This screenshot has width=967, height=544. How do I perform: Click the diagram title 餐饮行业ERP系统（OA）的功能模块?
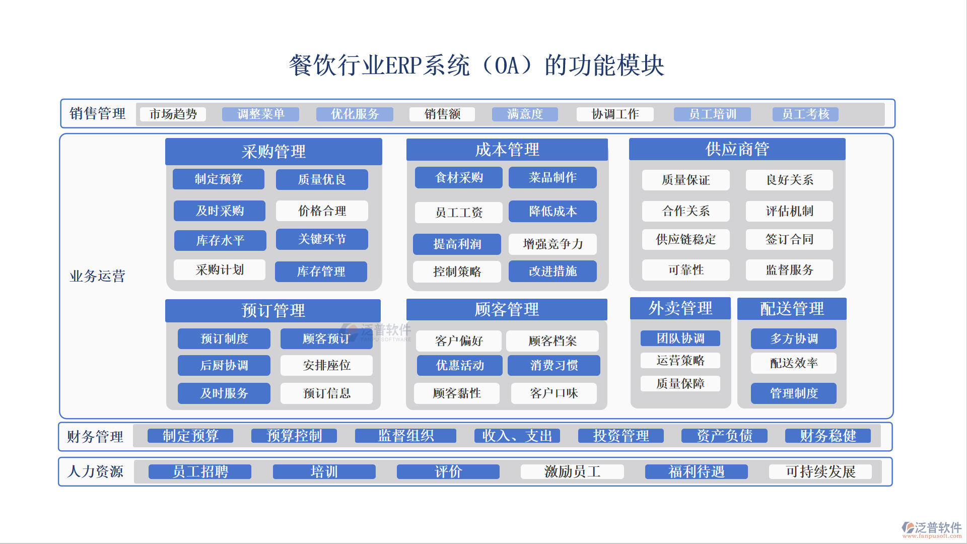click(476, 65)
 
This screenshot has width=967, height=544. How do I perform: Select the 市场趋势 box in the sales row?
click(173, 114)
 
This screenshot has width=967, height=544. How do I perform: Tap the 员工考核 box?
click(805, 114)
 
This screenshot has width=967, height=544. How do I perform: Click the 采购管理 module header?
click(273, 152)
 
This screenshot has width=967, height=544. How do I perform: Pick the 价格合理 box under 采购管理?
click(322, 211)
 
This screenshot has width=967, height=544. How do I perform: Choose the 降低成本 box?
click(552, 212)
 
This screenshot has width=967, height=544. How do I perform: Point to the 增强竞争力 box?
click(552, 244)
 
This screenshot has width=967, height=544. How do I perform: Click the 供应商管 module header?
click(737, 149)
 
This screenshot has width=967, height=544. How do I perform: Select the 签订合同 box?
click(789, 240)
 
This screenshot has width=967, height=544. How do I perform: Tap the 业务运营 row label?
click(97, 276)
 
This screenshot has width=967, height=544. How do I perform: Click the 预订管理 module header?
click(273, 311)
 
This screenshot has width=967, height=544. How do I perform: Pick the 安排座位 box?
click(326, 365)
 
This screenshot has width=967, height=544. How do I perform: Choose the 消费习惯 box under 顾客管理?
click(554, 365)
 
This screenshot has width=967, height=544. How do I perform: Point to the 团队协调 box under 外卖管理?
click(680, 338)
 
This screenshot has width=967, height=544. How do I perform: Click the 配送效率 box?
click(794, 363)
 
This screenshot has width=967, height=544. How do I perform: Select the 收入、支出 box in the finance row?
click(517, 436)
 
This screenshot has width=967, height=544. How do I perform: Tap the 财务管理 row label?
click(95, 436)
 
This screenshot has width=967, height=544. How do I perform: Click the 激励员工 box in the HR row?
click(572, 472)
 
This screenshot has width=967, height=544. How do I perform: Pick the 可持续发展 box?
click(820, 472)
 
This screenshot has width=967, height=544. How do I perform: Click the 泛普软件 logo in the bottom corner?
click(932, 529)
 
